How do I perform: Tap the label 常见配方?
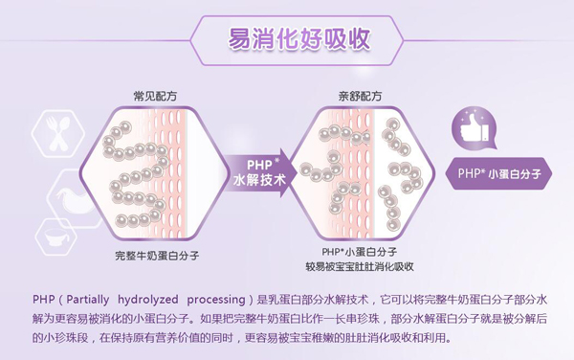[x=156, y=97]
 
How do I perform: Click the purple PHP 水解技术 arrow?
[x=258, y=170]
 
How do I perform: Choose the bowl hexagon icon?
[x=55, y=236]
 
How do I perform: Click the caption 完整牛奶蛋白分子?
[x=157, y=256]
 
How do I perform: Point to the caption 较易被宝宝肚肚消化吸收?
[x=359, y=266]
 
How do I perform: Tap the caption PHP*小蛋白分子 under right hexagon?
[x=359, y=251]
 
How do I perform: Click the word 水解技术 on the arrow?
[x=257, y=179]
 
